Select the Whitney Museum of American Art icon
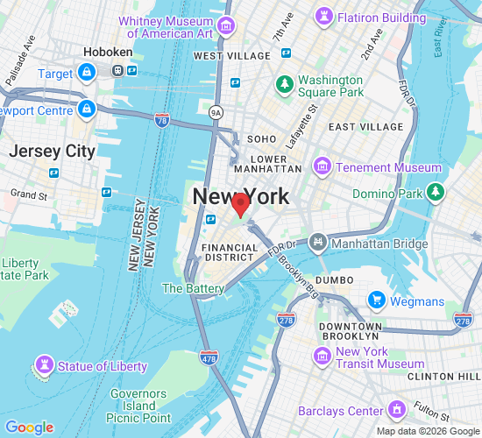coord(227,25)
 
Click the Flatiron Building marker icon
coord(325,17)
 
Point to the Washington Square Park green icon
coord(284,84)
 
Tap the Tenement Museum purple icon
coord(323,166)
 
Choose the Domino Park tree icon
coord(436,192)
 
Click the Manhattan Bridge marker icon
coord(316,240)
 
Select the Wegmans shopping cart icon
coord(377,300)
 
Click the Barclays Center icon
coord(396,410)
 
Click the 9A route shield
coord(216,112)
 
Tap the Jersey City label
coord(52,151)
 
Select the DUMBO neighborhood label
coord(334,279)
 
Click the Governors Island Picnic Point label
coord(140,406)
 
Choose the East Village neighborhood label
coord(365,127)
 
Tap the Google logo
coord(29,427)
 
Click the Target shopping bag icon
coord(87,74)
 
